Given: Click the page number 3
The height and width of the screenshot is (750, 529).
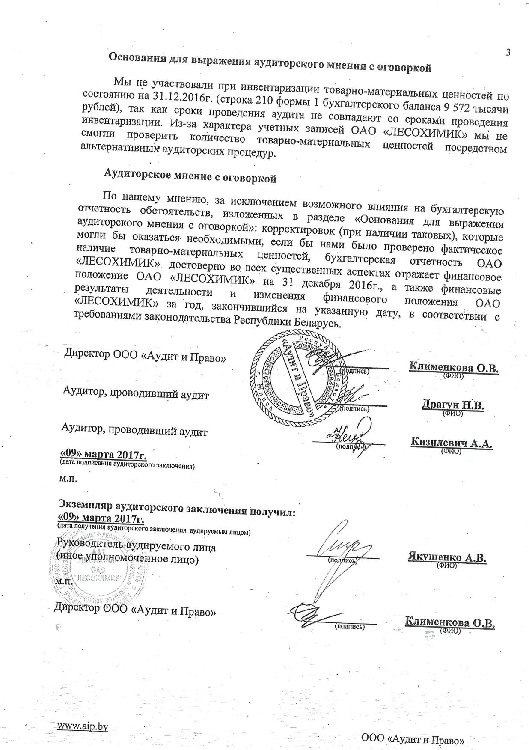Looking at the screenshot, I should (x=508, y=53).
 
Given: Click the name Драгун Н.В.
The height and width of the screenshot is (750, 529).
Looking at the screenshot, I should (x=453, y=405).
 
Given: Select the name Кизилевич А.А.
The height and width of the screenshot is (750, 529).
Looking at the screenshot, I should (x=452, y=443).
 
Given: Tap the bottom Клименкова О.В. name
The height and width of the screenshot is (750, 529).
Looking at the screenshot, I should (x=450, y=622).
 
